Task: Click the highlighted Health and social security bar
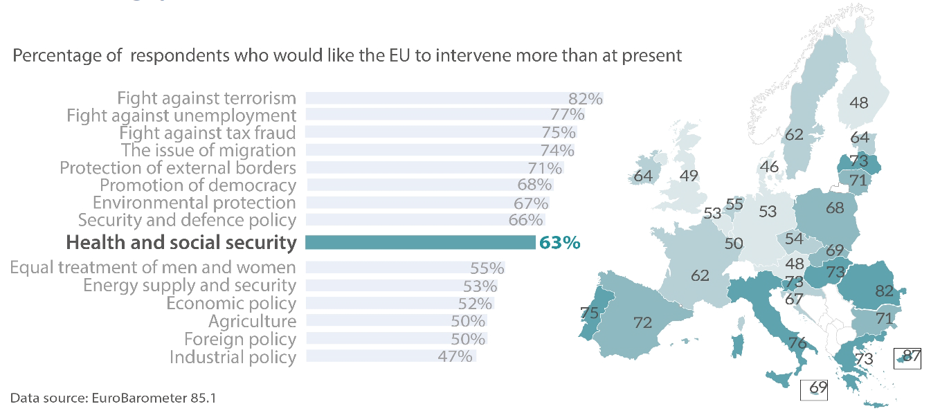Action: [420, 243]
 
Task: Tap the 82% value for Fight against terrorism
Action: [586, 98]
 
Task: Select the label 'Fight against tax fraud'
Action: [208, 133]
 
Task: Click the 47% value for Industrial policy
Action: [456, 356]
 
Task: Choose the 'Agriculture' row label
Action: [252, 321]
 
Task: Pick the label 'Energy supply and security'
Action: [190, 285]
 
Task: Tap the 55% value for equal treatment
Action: [487, 268]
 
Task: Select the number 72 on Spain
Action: [644, 322]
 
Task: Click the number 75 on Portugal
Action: [589, 313]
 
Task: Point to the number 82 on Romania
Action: [885, 291]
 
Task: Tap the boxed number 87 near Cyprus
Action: [912, 357]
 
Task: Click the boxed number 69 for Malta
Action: [818, 387]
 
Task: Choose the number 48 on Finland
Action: [859, 103]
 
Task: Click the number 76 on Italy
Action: [797, 343]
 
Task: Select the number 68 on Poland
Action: [835, 207]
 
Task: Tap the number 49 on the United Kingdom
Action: [688, 176]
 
